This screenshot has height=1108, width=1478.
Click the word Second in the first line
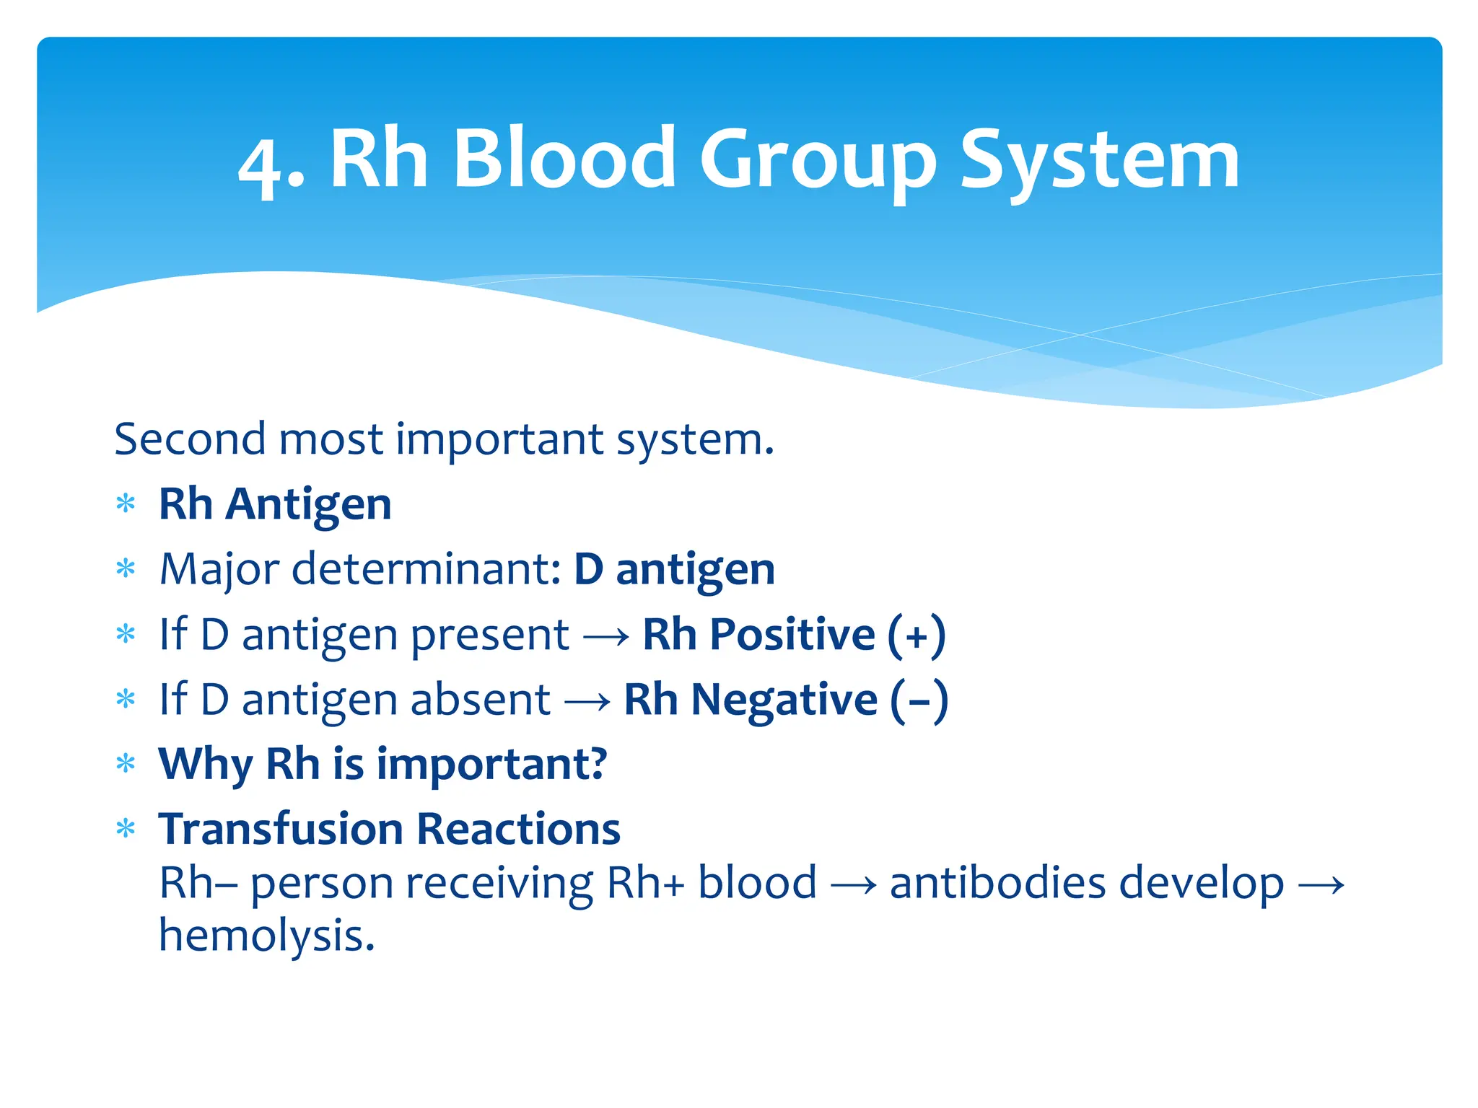pyautogui.click(x=190, y=439)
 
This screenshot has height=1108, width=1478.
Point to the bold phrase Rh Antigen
pyautogui.click(x=275, y=504)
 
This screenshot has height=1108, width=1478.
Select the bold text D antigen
pyautogui.click(x=674, y=570)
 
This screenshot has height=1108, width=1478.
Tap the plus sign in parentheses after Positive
pyautogui.click(x=917, y=636)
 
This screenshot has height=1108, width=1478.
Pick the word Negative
pyautogui.click(x=784, y=700)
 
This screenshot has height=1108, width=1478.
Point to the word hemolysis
pyautogui.click(x=266, y=936)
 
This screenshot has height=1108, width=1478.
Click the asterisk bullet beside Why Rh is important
pyautogui.click(x=126, y=764)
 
